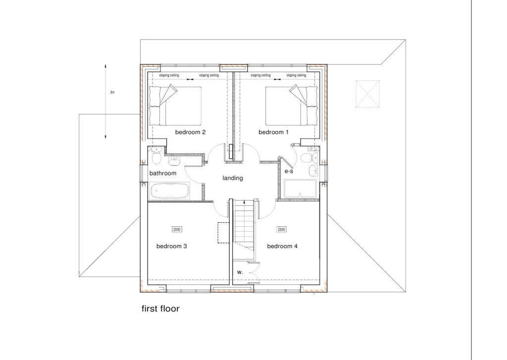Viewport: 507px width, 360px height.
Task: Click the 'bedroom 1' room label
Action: point(273,132)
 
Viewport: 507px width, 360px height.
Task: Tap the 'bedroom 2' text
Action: point(190,132)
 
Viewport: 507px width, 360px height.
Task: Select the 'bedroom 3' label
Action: point(171,246)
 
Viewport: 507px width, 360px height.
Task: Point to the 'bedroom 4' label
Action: point(282,246)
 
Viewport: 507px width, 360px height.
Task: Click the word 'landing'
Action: point(233,178)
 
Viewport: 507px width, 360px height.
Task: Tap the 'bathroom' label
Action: point(163,173)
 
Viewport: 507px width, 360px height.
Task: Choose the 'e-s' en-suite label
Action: point(289,171)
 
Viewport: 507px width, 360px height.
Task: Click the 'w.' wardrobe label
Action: point(240,272)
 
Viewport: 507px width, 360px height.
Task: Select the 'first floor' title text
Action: point(160,309)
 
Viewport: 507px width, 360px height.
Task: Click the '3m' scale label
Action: point(112,93)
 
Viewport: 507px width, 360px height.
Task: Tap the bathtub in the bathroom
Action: point(169,191)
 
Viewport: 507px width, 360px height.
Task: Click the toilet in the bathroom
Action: point(156,157)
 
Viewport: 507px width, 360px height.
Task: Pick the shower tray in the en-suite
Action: point(301,188)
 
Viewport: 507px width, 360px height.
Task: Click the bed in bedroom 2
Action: point(175,105)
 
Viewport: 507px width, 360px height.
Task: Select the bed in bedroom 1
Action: point(291,105)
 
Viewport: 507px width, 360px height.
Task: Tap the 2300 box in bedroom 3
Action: point(177,229)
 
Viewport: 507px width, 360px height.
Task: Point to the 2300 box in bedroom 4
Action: point(281,229)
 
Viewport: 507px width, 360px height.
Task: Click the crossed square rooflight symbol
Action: point(368,93)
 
